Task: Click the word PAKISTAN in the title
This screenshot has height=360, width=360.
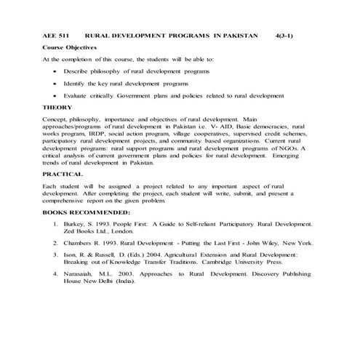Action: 238,35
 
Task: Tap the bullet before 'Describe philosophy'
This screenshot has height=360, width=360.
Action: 55,72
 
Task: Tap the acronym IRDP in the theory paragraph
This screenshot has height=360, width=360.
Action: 97,135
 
